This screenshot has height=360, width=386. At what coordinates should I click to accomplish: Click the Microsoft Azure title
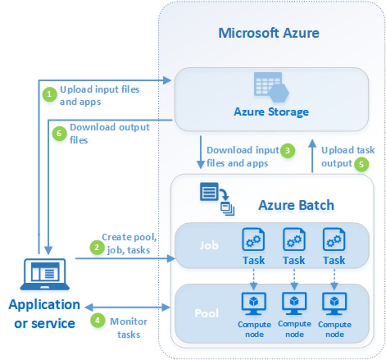coord(269,34)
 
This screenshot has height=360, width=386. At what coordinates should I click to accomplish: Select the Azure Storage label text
coord(271,111)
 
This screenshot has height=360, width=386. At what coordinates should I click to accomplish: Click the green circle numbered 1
coord(49,95)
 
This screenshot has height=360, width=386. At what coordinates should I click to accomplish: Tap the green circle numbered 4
coord(96,321)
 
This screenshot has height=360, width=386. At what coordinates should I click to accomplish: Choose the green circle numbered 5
coord(361,164)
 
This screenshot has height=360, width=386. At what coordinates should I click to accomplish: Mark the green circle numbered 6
coord(59,133)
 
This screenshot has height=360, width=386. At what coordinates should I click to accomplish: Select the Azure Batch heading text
coord(296,205)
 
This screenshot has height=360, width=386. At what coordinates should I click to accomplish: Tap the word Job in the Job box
coord(208,245)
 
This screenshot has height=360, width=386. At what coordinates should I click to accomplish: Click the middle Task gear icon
coord(293,239)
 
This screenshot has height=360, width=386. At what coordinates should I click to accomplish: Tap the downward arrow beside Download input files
coord(201,152)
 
